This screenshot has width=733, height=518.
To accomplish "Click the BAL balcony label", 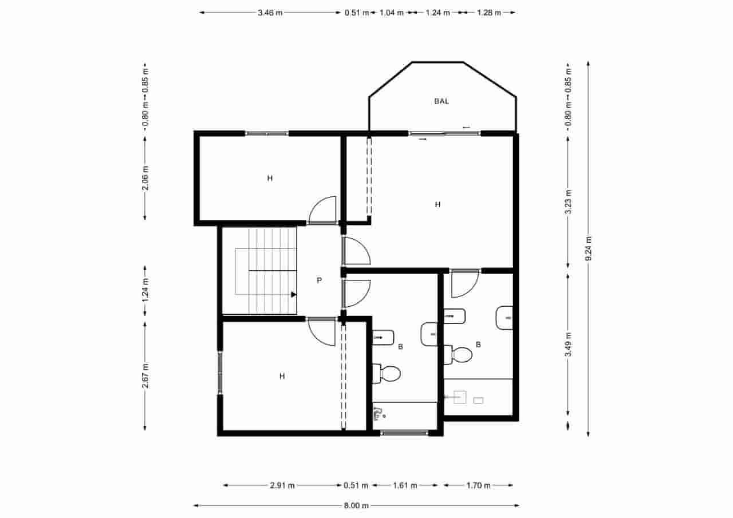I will coord(442,101).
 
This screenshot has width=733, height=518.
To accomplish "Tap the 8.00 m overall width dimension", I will coord(356,505).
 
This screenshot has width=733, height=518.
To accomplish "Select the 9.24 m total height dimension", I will coord(589,250).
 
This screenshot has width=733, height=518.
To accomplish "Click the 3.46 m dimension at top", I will coord(270,12).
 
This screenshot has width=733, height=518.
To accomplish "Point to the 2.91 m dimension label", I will coord(282,485).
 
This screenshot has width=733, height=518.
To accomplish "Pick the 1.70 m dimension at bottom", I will coord(479,485).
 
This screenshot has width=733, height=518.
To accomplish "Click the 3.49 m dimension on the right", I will coord(568,345).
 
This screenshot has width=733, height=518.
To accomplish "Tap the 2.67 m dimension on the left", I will coord(145,375).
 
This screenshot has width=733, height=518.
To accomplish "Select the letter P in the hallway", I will coord(320,280).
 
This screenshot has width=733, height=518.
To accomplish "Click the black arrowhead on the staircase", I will coord(293,295).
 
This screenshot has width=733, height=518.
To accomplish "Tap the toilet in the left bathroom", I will coord(387,374).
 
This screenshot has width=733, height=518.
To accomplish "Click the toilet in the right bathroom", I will coord(459,354).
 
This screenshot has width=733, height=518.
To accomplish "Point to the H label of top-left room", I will coord(270,178).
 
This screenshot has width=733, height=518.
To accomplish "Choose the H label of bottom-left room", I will coord(282,376).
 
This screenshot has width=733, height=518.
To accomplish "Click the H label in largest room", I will coord(438,204).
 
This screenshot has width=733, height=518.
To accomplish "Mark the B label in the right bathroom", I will coord(478,345).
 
